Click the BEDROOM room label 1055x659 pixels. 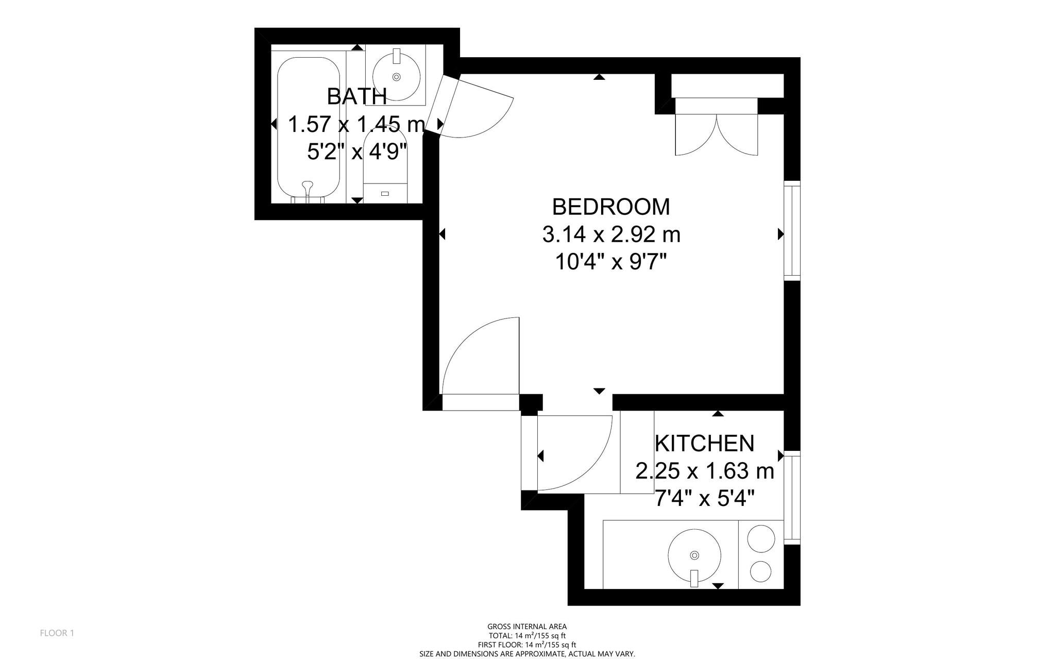pyautogui.click(x=611, y=207)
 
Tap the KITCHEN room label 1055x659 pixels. pyautogui.click(x=704, y=443)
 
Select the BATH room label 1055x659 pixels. pyautogui.click(x=356, y=96)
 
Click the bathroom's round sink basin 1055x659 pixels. pyautogui.click(x=396, y=76)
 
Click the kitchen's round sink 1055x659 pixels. pyautogui.click(x=694, y=555)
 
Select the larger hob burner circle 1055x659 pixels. pyautogui.click(x=761, y=538)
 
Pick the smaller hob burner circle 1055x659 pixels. pyautogui.click(x=760, y=571)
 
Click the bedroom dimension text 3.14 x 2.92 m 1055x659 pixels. pyautogui.click(x=611, y=235)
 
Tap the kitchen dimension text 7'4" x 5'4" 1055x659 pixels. pyautogui.click(x=704, y=498)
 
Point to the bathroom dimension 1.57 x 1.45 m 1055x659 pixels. pyautogui.click(x=356, y=125)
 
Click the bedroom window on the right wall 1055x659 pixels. pyautogui.click(x=792, y=231)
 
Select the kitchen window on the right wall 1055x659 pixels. pyautogui.click(x=792, y=497)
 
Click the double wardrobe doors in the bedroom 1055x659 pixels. pyautogui.click(x=716, y=134)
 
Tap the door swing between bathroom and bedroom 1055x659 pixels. pyautogui.click(x=477, y=111)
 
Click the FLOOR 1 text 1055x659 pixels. pyautogui.click(x=57, y=633)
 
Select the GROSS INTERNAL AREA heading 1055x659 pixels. pyautogui.click(x=527, y=627)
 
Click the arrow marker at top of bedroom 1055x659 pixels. pyautogui.click(x=599, y=77)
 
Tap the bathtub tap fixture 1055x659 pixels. pyautogui.click(x=308, y=187)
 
